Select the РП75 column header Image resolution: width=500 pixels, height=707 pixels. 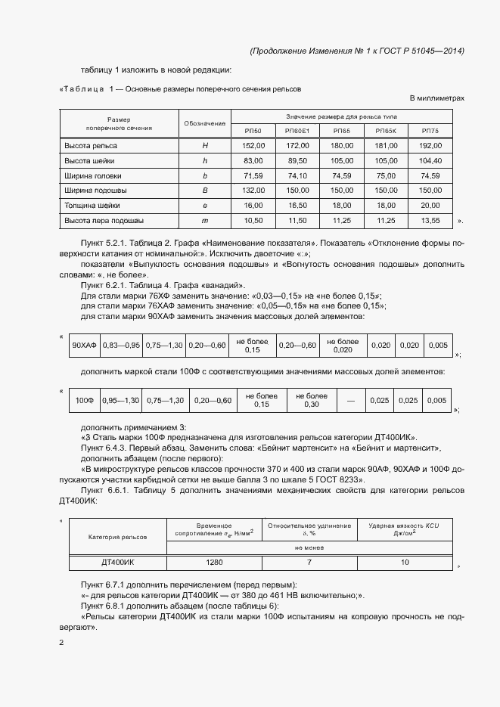[430, 131]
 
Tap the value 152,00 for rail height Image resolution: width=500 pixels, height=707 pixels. [253, 145]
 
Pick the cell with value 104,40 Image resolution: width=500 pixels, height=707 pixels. [430, 160]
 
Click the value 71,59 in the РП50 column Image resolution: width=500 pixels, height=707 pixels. [253, 175]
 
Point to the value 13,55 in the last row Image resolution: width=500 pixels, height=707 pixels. [430, 221]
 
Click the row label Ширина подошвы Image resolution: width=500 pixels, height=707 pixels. [95, 191]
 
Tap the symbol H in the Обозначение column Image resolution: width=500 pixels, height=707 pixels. [205, 145]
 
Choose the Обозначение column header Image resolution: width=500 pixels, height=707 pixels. [205, 123]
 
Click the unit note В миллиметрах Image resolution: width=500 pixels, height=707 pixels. [436, 99]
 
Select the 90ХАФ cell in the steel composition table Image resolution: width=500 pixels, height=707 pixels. [82, 345]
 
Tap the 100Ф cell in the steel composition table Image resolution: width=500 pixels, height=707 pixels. [85, 400]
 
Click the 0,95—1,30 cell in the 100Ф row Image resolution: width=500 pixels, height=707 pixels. [121, 400]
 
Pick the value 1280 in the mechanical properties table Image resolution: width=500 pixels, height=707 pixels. [214, 563]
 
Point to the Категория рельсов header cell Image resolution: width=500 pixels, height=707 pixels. [117, 537]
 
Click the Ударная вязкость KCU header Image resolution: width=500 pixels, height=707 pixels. [405, 529]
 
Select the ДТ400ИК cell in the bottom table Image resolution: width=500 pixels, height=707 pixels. [117, 563]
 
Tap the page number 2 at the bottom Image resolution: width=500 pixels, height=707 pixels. [61, 643]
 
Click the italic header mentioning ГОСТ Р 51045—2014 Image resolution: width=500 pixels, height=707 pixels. [356, 51]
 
